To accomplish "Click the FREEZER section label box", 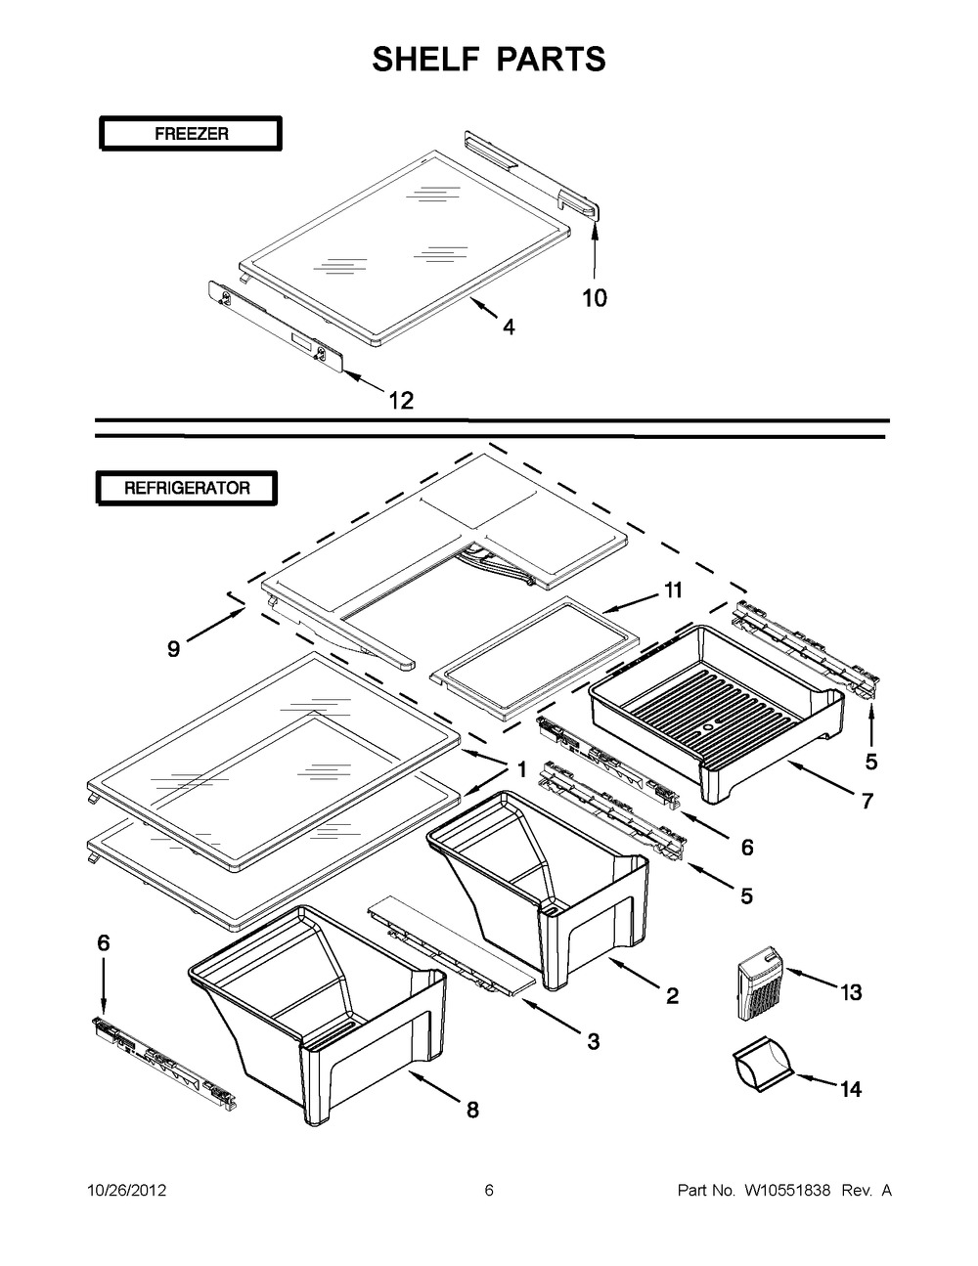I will pyautogui.click(x=191, y=134).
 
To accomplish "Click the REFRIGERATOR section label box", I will pyautogui.click(x=186, y=487).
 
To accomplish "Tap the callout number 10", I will pyautogui.click(x=595, y=297).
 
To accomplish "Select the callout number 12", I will pyautogui.click(x=401, y=399).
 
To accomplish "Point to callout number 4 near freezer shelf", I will pyautogui.click(x=509, y=328).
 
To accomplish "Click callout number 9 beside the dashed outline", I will pyautogui.click(x=173, y=648).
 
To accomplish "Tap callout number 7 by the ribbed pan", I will pyautogui.click(x=867, y=802).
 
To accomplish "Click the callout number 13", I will pyautogui.click(x=850, y=992).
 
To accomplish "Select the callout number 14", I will pyautogui.click(x=851, y=1088).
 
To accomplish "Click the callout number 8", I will pyautogui.click(x=472, y=1110).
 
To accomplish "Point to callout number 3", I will pyautogui.click(x=593, y=1042).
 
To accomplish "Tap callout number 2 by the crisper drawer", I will pyautogui.click(x=672, y=996).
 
